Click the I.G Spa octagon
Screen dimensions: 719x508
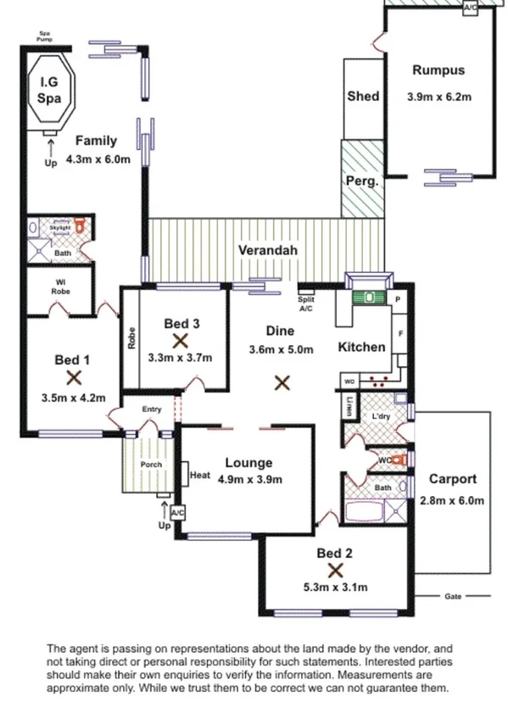[x=50, y=89]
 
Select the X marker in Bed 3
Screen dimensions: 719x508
[x=180, y=340]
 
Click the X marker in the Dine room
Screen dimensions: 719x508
[x=282, y=383]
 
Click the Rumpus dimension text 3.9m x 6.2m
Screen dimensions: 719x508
[x=438, y=97]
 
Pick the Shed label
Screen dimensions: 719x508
[x=363, y=97]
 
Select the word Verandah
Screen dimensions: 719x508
[x=267, y=251]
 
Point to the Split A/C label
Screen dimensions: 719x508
[x=306, y=304]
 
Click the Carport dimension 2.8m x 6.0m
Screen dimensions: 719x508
[x=452, y=500]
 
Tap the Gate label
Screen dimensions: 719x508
[x=453, y=596]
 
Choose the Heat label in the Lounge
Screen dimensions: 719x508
[x=200, y=475]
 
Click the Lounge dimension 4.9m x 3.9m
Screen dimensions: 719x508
[x=248, y=479]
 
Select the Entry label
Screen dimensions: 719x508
[x=151, y=410]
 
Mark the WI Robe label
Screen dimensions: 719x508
[x=59, y=287]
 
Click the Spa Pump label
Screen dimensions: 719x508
[x=45, y=36]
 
